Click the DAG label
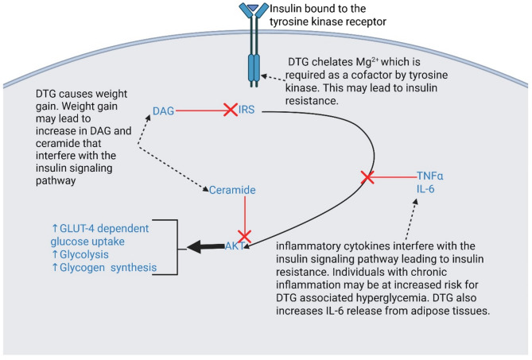pos(163,110)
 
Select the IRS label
pos(247,110)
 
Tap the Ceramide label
pos(232,190)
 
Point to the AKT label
pos(235,246)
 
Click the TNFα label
pos(430,176)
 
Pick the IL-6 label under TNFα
pos(425,189)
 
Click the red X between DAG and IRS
pos(231,110)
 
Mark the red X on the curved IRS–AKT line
pos(367,177)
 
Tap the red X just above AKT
pos(244,236)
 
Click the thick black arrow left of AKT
pos(206,246)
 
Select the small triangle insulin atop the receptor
pos(253,7)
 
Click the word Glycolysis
pos(80,254)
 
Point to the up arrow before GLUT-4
pos(55,228)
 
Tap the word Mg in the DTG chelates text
pos(363,62)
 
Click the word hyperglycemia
pos(402,298)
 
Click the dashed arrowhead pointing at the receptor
pos(263,76)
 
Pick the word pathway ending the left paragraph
pos(56,180)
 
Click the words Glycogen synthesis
pos(108,268)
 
